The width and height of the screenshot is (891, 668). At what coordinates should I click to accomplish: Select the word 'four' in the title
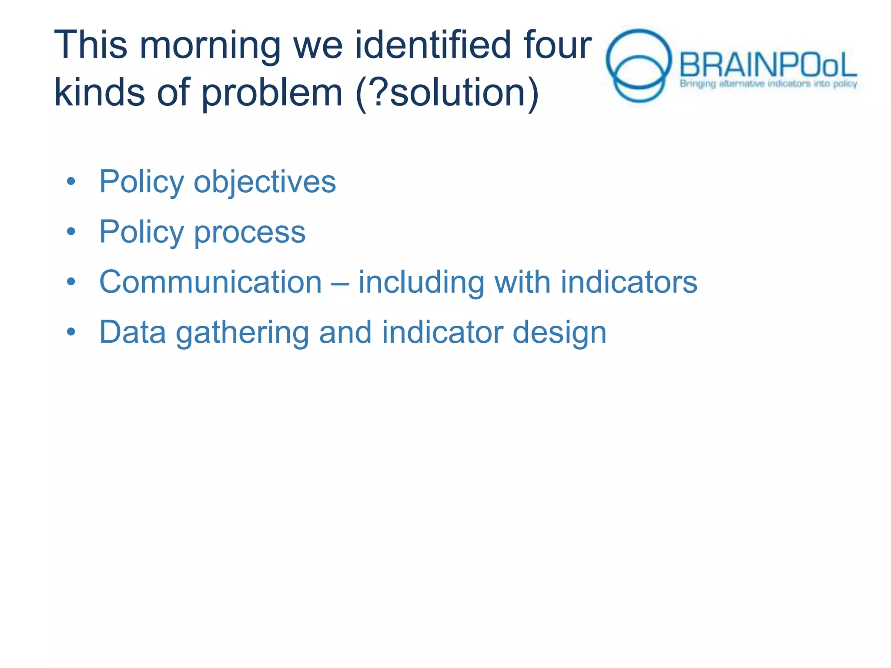[x=557, y=45]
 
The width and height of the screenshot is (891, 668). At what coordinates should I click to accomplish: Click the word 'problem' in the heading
[x=272, y=94]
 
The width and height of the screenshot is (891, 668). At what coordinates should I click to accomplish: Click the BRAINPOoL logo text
[x=767, y=65]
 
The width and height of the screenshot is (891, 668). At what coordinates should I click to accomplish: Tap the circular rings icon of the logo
[x=638, y=65]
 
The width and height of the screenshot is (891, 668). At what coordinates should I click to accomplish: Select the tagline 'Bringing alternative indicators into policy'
[x=768, y=83]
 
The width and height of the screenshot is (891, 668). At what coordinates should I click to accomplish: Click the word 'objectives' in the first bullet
[x=265, y=182]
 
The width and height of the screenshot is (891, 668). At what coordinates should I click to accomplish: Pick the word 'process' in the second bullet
[x=250, y=232]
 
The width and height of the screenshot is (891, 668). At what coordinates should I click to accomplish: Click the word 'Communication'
[x=211, y=282]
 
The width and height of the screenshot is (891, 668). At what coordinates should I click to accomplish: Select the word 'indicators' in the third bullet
[x=629, y=282]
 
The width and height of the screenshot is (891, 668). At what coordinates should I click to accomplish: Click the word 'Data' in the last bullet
[x=133, y=333]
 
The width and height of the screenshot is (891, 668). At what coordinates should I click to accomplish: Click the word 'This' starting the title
[x=90, y=45]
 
